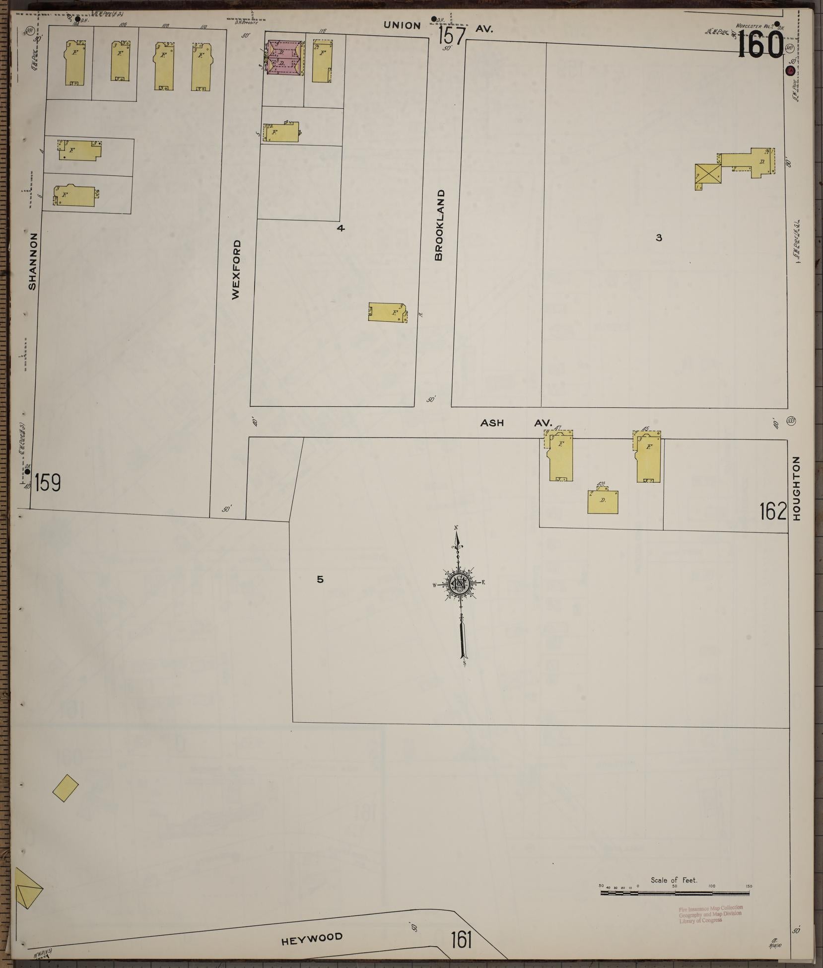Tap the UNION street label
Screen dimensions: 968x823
[402, 25]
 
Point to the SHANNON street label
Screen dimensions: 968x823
[33, 261]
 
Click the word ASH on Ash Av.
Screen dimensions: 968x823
[492, 423]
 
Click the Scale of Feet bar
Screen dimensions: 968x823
[675, 893]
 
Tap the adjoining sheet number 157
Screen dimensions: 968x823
[452, 37]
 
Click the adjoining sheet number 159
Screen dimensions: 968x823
[48, 482]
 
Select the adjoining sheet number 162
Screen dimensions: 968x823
[773, 511]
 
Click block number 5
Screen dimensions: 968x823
[320, 579]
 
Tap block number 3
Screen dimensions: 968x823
[659, 238]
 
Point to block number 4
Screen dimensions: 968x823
[340, 228]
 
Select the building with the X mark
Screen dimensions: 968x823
[708, 176]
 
